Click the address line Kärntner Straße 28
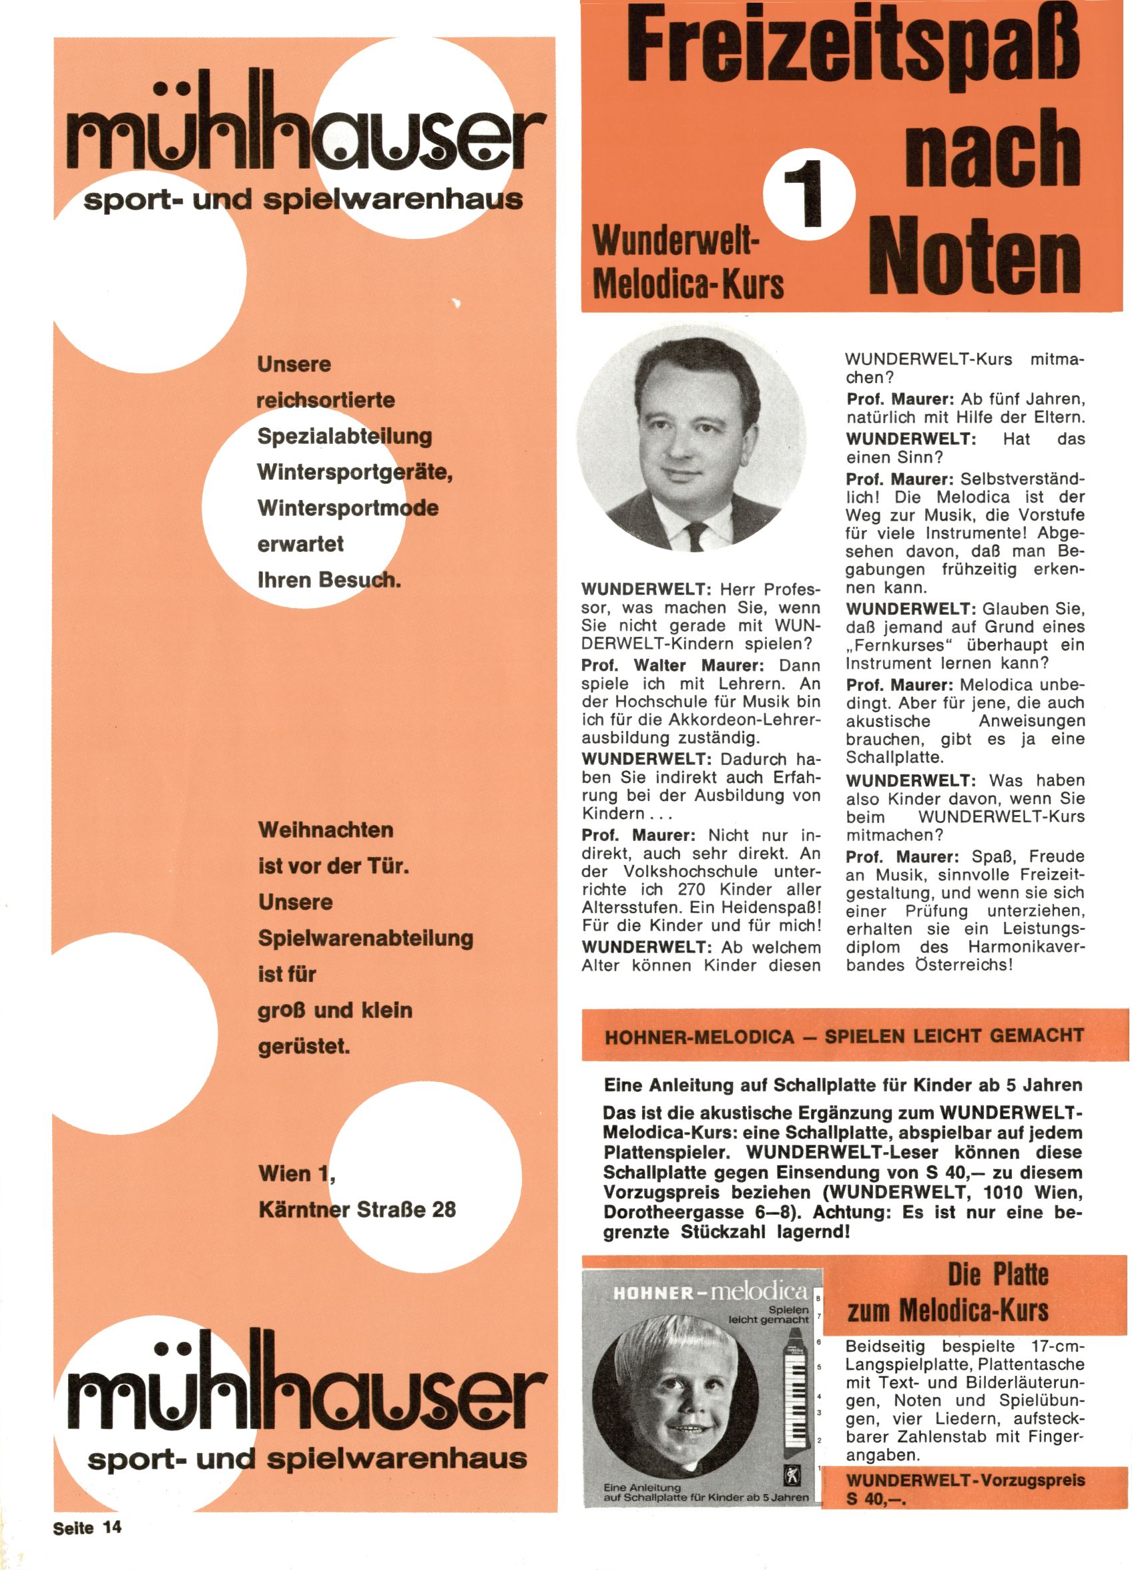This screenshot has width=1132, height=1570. [x=357, y=1210]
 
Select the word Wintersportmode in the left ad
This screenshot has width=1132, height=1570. [x=348, y=507]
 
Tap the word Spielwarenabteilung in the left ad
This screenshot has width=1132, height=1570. [x=366, y=938]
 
